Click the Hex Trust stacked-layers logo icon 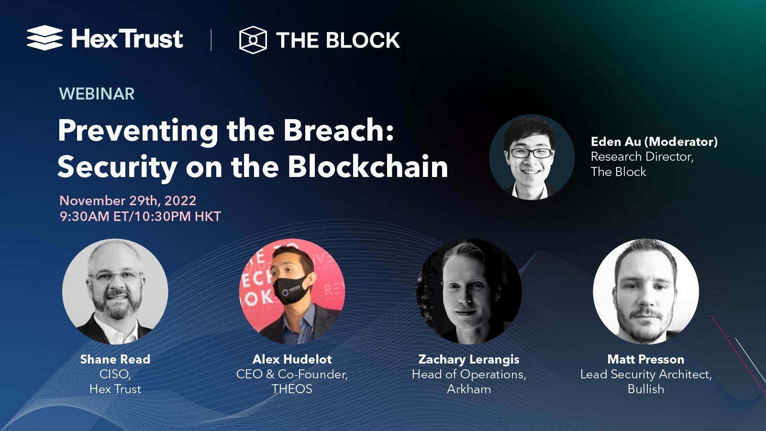[44, 38]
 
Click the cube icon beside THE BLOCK [253, 40]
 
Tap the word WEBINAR [97, 94]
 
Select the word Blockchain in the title [367, 167]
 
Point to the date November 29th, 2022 [128, 200]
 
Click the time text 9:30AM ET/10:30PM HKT [140, 216]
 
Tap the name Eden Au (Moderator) [654, 142]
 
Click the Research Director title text [642, 156]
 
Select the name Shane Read [115, 359]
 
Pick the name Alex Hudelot [292, 359]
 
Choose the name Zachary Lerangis [469, 359]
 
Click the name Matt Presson [645, 359]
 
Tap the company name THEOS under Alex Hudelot [292, 389]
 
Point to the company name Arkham [469, 389]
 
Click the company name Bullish [645, 389]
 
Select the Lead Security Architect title [645, 374]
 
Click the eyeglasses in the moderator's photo [531, 154]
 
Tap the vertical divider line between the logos [211, 40]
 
